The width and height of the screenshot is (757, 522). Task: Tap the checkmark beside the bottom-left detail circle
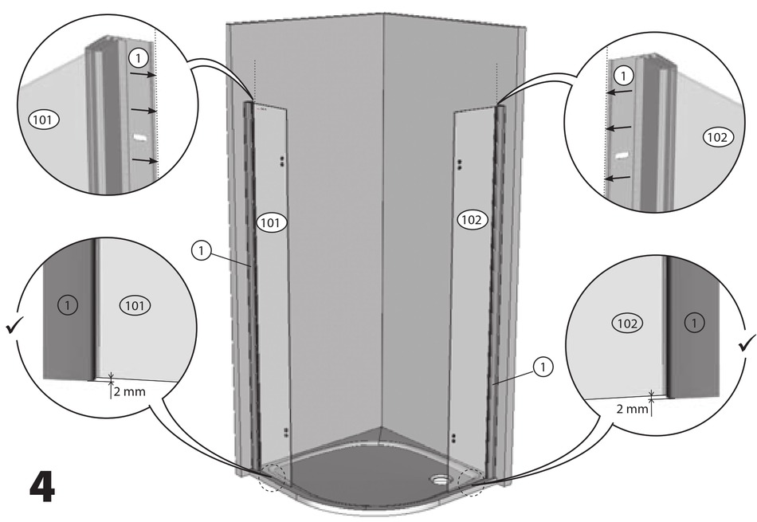point(14,326)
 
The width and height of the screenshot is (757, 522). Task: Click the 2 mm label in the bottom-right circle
point(633,409)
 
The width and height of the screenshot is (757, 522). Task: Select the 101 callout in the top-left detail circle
point(43,120)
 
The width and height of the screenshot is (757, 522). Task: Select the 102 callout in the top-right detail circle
point(716,137)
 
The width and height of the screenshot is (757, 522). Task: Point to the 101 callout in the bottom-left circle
point(135,304)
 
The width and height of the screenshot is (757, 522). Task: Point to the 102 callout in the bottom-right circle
point(627,323)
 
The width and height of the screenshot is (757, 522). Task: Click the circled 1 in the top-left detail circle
point(138,58)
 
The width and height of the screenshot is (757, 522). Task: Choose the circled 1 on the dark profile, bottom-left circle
point(69,304)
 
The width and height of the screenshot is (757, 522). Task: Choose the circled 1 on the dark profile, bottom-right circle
point(694,323)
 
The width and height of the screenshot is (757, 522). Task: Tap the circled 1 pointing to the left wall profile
point(202,251)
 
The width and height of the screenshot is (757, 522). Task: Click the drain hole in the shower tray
point(440,480)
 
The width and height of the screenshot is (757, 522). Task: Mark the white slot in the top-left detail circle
point(141,137)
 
